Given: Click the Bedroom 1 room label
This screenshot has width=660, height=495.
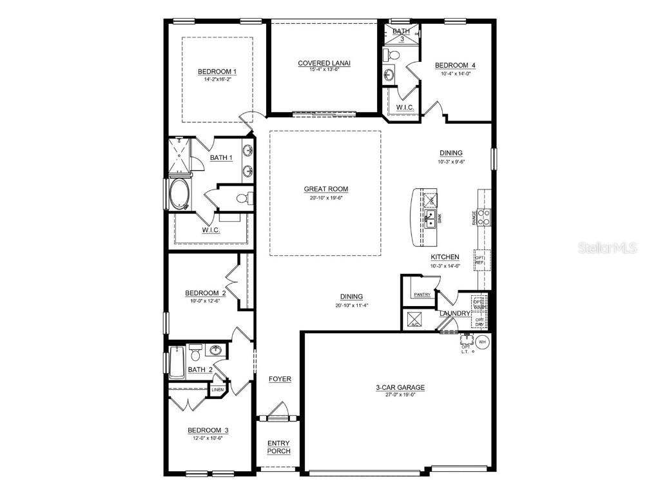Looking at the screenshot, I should (x=217, y=72).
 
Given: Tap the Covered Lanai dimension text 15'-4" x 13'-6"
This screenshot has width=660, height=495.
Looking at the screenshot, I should (x=324, y=70).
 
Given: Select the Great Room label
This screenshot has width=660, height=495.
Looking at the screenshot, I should (x=326, y=189).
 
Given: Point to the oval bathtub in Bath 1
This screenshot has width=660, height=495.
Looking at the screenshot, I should (x=178, y=193).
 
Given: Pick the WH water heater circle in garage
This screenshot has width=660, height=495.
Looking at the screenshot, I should (x=482, y=341).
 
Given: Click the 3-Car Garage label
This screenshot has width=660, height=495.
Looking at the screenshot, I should (x=400, y=387).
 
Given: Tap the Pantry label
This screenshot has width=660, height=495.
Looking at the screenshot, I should (x=422, y=295).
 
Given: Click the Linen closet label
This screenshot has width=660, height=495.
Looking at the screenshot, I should (x=217, y=389).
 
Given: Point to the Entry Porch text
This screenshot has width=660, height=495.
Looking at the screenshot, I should (x=278, y=447).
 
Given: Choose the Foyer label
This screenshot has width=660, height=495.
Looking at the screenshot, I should (x=280, y=379).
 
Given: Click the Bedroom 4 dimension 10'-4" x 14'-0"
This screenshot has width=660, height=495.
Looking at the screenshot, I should (x=455, y=73).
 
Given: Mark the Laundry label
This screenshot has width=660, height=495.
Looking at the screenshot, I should (x=455, y=313).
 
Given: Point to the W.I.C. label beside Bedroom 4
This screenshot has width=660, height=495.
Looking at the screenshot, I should (x=404, y=107).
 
